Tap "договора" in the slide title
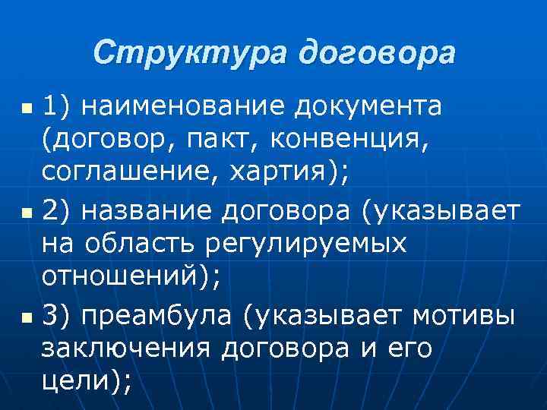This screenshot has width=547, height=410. [377, 52]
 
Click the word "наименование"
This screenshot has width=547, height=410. [185, 108]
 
